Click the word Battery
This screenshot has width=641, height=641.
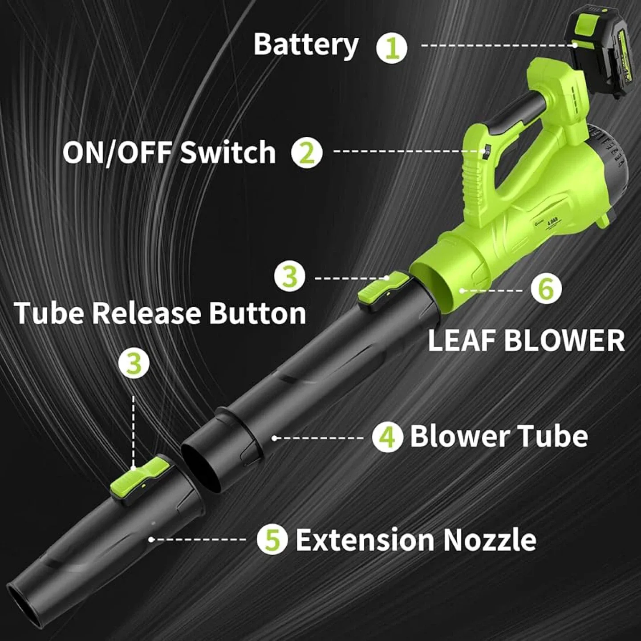(x=306, y=45)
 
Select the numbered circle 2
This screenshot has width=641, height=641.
(x=306, y=152)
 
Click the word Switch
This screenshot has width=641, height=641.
(x=228, y=152)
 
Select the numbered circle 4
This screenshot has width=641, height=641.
(x=388, y=436)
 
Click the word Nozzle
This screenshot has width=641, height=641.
(x=490, y=540)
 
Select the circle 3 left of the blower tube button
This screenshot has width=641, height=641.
(x=289, y=276)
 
